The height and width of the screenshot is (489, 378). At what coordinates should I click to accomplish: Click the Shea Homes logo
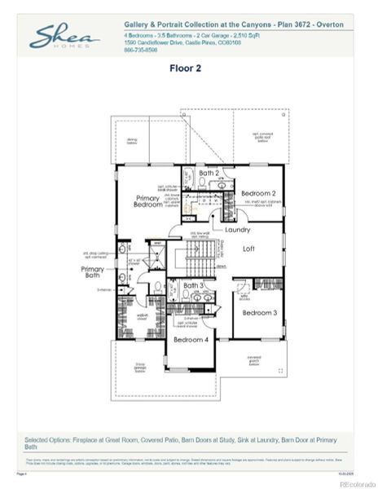pos(65,37)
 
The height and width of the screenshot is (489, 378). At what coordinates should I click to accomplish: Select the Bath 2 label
pos(209,173)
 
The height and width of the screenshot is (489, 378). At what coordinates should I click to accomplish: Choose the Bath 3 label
pos(193,285)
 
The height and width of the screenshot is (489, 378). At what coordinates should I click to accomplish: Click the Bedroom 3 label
pos(259,312)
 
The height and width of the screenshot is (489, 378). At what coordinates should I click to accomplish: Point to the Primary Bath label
pos(92,272)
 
